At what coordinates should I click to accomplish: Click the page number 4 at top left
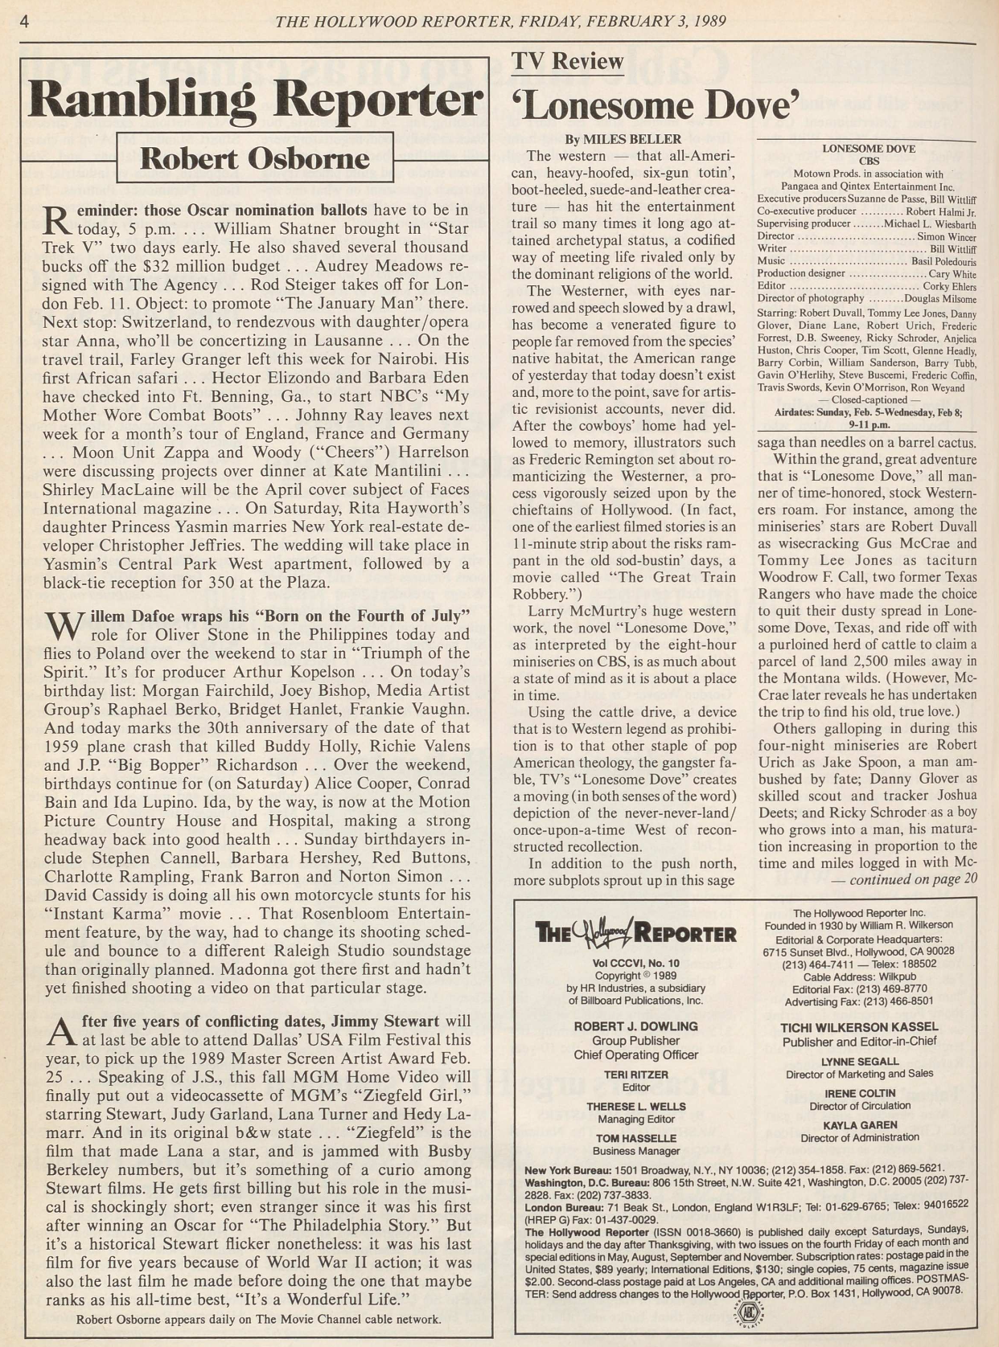pyautogui.click(x=24, y=22)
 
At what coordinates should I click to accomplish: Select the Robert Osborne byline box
pyautogui.click(x=255, y=158)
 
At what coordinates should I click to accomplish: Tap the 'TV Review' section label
pyautogui.click(x=568, y=61)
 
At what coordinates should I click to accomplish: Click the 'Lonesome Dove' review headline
pyautogui.click(x=656, y=105)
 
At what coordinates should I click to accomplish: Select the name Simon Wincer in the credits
pyautogui.click(x=947, y=236)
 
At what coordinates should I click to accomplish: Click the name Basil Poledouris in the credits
pyautogui.click(x=943, y=261)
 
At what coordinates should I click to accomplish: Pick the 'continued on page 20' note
pyautogui.click(x=902, y=879)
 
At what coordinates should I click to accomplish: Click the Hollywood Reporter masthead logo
pyautogui.click(x=635, y=932)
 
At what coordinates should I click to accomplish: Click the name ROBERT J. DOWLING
pyautogui.click(x=635, y=1026)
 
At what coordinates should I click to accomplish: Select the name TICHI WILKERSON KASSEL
pyautogui.click(x=859, y=1027)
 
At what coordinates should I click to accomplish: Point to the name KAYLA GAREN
pyautogui.click(x=859, y=1125)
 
